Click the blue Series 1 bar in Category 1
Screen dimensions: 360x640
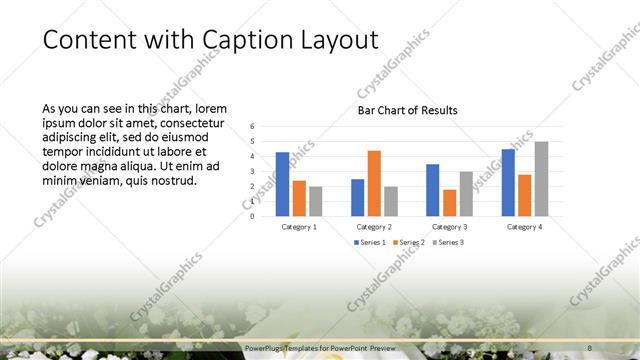point(283,184)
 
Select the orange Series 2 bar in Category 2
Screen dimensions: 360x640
point(374,183)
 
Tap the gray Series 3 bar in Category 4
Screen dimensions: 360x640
point(541,179)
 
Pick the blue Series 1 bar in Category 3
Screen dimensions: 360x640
point(433,190)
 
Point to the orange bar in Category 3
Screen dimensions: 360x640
point(449,203)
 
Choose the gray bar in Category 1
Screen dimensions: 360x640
point(315,201)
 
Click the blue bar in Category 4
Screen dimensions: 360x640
point(508,182)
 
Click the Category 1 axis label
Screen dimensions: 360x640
point(299,227)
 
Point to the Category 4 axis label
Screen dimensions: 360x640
point(524,227)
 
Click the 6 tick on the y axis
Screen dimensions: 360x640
point(252,126)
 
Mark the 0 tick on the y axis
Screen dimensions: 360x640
point(252,216)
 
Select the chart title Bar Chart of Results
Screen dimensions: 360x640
point(407,111)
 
